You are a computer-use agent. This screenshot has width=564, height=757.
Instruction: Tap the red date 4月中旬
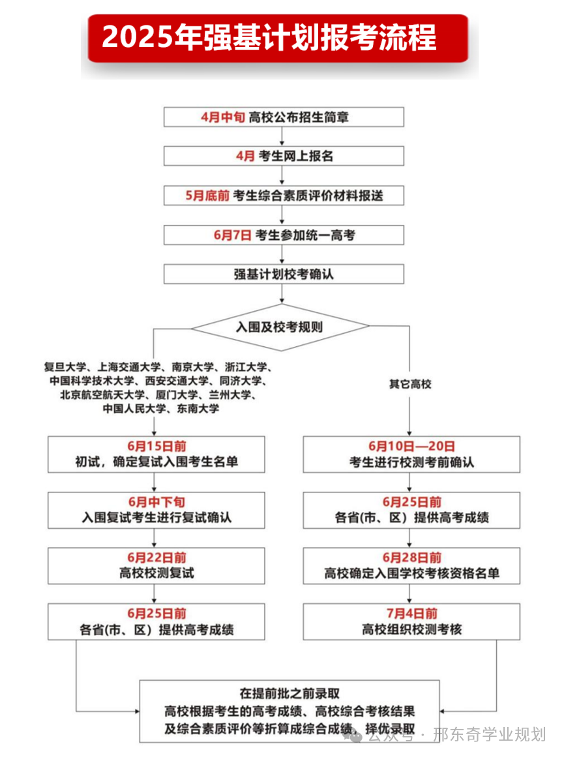tap(222, 117)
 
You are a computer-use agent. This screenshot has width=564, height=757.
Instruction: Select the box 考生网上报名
tap(284, 156)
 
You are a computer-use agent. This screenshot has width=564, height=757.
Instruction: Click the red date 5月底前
tap(207, 196)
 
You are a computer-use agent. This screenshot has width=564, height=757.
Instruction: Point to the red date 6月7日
tap(232, 235)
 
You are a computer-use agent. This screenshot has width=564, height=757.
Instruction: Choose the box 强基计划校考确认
tap(284, 275)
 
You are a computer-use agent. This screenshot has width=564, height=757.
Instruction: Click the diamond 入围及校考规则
tap(280, 326)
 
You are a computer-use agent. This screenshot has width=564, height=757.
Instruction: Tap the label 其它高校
tap(410, 384)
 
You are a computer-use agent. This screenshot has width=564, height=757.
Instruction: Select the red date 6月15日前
tap(156, 447)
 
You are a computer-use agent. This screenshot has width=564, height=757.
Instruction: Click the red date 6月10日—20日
tap(411, 447)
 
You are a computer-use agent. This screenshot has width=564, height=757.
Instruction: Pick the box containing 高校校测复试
tap(156, 565)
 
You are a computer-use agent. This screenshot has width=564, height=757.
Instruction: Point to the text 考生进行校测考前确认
tap(411, 463)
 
